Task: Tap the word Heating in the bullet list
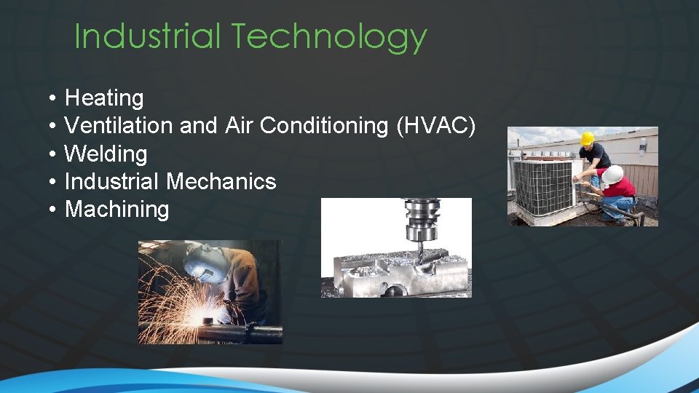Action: [104, 98]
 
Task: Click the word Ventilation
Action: [118, 125]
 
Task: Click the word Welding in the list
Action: [106, 154]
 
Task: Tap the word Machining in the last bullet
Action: [116, 210]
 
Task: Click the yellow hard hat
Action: [587, 138]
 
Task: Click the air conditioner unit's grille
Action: [542, 187]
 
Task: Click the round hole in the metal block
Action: [392, 290]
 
